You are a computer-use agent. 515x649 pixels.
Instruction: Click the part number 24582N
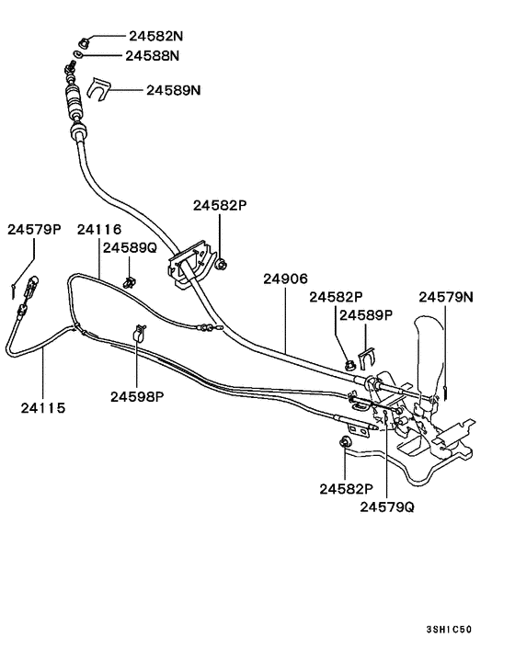point(155,38)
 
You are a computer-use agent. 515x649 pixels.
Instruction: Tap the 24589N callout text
point(174,90)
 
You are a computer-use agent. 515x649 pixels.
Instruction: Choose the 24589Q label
point(130,247)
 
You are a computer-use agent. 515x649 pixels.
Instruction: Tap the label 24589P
point(366,314)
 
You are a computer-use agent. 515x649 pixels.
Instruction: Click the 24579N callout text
point(446,297)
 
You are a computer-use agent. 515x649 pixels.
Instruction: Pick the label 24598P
point(137,396)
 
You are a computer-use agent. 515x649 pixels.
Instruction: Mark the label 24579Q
point(386,506)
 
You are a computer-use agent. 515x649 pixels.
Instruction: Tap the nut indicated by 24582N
point(85,40)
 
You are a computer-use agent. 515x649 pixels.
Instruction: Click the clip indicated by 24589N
point(101,90)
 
